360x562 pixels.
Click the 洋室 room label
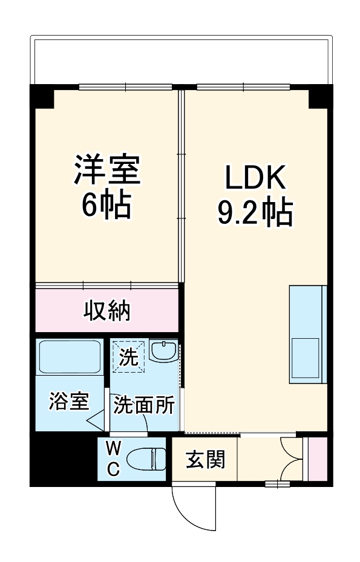point(107,170)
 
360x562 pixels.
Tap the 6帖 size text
point(107,205)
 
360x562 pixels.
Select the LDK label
point(255,178)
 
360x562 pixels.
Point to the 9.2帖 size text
point(255,212)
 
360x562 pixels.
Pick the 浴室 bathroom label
point(69,401)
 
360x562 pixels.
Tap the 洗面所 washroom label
point(145,404)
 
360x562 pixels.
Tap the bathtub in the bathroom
point(69,358)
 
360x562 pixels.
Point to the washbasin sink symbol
point(163,351)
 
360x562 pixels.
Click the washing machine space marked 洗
point(128,356)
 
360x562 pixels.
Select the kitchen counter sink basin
point(306,358)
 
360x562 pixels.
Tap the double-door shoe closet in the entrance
point(293,458)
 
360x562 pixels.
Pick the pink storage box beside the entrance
point(318,458)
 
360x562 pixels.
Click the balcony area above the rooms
point(182,60)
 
